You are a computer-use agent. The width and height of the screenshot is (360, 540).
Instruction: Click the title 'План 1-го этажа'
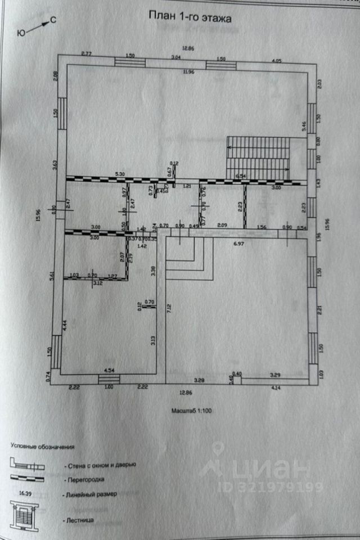(x=190, y=17)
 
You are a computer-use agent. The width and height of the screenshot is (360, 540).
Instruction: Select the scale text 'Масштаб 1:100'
(x=192, y=411)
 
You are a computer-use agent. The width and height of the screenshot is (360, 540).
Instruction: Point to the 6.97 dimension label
(x=239, y=244)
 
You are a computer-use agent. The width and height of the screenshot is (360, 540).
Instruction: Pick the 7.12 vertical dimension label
(x=169, y=309)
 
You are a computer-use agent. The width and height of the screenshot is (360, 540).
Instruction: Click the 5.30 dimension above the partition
(x=119, y=174)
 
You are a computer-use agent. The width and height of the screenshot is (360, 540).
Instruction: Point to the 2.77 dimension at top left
(x=86, y=53)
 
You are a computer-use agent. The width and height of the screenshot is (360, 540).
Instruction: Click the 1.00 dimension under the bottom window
(x=109, y=388)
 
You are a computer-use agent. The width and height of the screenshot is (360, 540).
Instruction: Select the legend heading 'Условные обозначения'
(x=42, y=446)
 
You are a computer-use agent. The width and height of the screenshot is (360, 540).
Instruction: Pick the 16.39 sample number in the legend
(x=22, y=492)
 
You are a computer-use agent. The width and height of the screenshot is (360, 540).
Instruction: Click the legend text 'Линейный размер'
(x=91, y=494)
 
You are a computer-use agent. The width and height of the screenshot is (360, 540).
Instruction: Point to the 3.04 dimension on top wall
(x=176, y=57)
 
